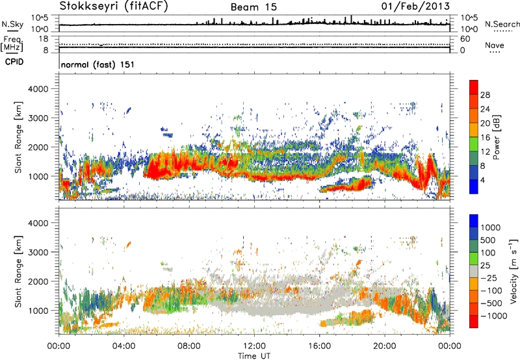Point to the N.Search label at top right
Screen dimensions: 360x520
502,24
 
